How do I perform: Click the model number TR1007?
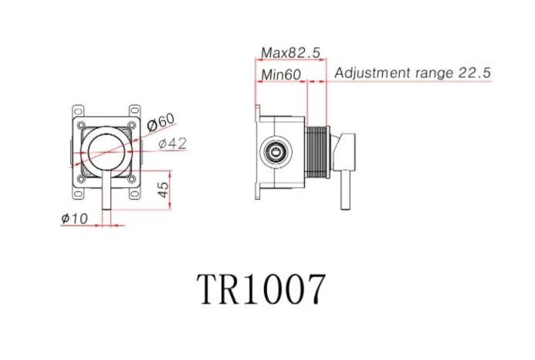tap(260, 290)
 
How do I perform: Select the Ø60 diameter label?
tap(161, 122)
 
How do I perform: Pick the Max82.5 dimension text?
tap(290, 53)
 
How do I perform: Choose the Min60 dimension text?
tap(280, 74)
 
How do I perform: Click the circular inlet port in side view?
tap(273, 151)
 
